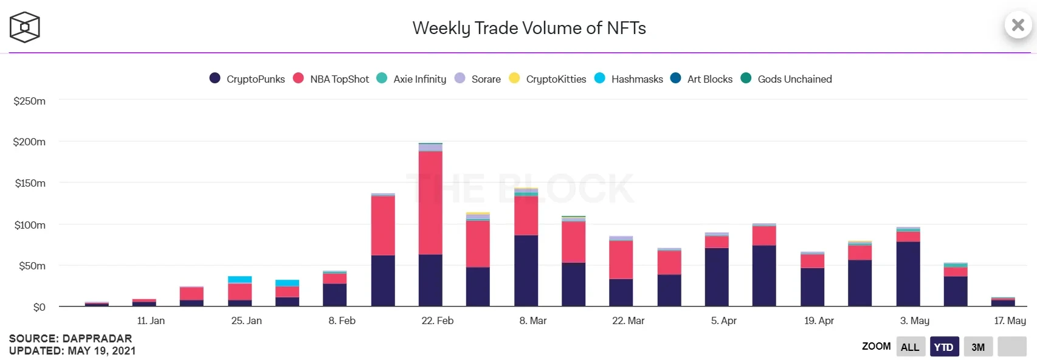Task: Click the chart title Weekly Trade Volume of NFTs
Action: [529, 28]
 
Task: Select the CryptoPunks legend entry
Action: [247, 79]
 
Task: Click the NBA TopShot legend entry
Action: [331, 79]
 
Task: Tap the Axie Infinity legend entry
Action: [412, 79]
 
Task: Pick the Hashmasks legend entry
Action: [629, 79]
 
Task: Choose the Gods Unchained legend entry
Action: [787, 79]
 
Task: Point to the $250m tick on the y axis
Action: [30, 101]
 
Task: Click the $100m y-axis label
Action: [30, 225]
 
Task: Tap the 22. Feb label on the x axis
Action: [438, 320]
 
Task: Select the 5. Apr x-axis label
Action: [724, 320]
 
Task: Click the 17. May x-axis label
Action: [1010, 320]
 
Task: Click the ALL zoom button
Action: [910, 347]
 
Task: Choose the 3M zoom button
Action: [978, 347]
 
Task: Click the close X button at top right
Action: [1018, 25]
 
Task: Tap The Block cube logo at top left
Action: [25, 27]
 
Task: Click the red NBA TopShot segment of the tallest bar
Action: [430, 202]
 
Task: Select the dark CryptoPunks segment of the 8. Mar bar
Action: [526, 270]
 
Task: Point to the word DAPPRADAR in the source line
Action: [97, 339]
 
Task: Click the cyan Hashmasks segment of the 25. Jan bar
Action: [240, 280]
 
